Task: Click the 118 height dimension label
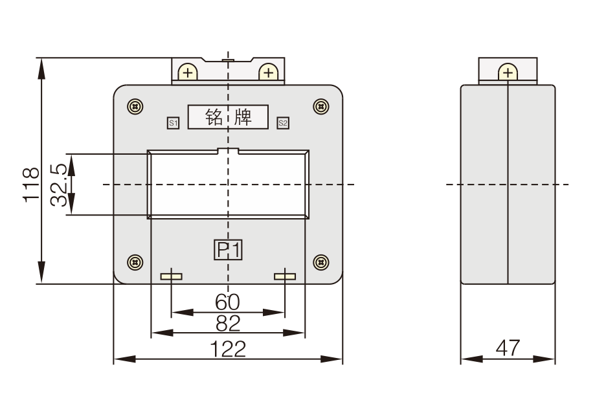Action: pyautogui.click(x=30, y=185)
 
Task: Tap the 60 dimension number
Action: pyautogui.click(x=228, y=302)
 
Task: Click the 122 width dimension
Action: pyautogui.click(x=229, y=349)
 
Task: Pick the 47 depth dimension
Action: pyautogui.click(x=508, y=348)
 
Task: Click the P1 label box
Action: pyautogui.click(x=228, y=250)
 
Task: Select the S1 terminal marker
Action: pyautogui.click(x=173, y=122)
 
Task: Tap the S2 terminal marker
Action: pyautogui.click(x=282, y=122)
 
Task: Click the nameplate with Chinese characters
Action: pyautogui.click(x=228, y=117)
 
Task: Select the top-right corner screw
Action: pyautogui.click(x=321, y=106)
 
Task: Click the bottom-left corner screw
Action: pyautogui.click(x=135, y=262)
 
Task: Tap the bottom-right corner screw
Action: pyautogui.click(x=321, y=262)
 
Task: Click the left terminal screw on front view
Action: pyautogui.click(x=188, y=73)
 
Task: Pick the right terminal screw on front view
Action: pyautogui.click(x=267, y=73)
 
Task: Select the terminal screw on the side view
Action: pyautogui.click(x=508, y=73)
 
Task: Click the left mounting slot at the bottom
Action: pyautogui.click(x=172, y=277)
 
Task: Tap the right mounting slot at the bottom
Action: pyautogui.click(x=284, y=277)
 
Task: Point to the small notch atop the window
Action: pyautogui.click(x=228, y=153)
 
